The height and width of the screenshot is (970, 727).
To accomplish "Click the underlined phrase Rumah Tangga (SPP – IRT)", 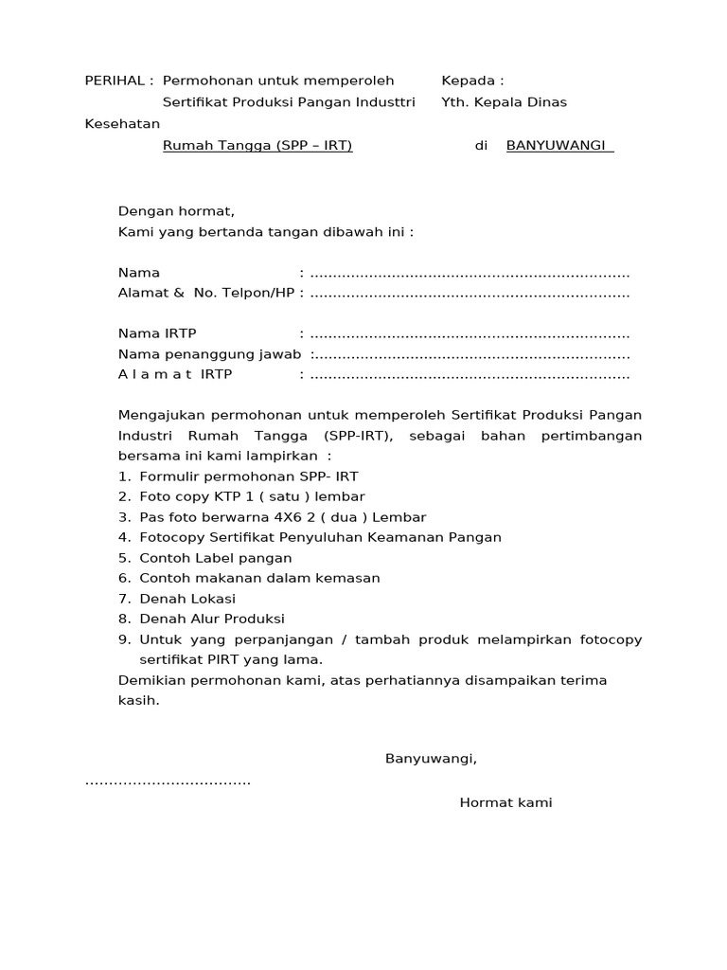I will [257, 146].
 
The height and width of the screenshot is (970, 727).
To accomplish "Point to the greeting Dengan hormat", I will [176, 211].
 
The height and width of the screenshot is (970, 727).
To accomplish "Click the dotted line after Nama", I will [470, 273].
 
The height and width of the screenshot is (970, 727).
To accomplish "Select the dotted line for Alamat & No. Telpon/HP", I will [470, 294].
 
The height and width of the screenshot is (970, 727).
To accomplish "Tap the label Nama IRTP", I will [157, 334].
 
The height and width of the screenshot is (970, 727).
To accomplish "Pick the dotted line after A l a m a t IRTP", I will [470, 375].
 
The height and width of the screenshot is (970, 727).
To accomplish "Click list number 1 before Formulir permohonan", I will [124, 476].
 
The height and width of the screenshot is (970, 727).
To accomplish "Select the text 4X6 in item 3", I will [293, 517].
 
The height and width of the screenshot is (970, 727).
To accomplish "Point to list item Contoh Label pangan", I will [215, 558].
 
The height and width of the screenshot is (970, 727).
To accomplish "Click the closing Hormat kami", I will [505, 803].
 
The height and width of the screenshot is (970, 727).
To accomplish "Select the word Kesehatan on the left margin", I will [122, 124].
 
